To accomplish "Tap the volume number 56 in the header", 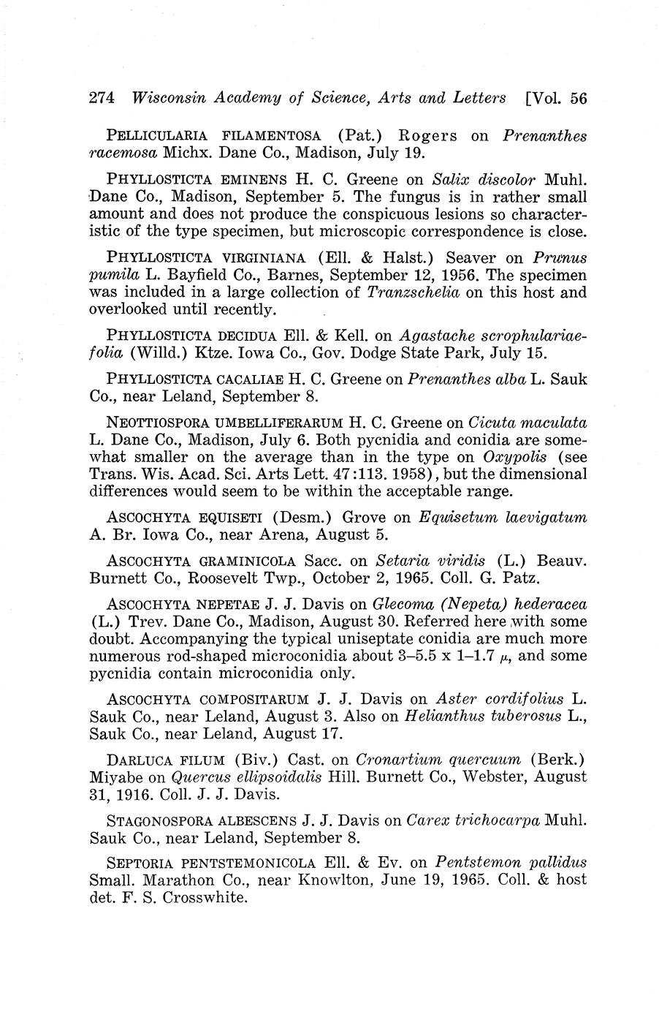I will pyautogui.click(x=578, y=98).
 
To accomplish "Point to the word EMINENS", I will pyautogui.click(x=252, y=179).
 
